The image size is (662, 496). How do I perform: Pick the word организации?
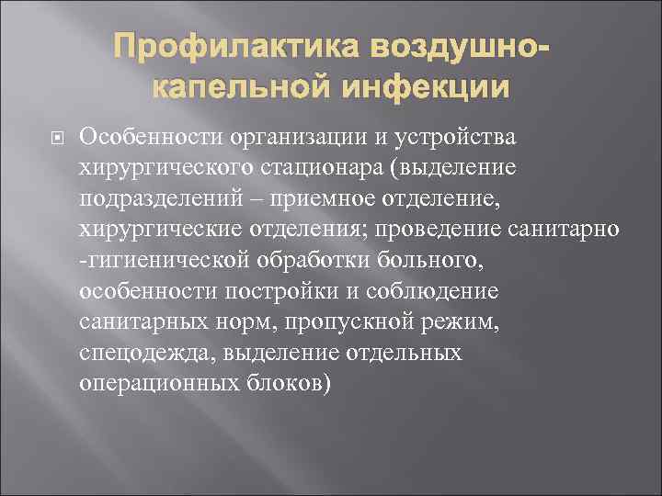[x=304, y=138]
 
